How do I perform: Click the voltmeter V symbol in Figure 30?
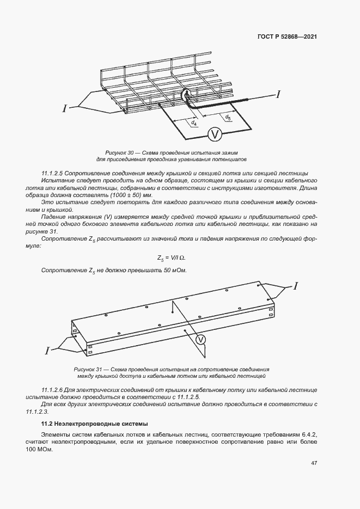(215, 133)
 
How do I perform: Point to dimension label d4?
(194, 124)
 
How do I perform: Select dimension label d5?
(228, 116)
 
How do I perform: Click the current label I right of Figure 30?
(279, 95)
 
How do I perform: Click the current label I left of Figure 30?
(65, 109)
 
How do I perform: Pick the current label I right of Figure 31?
(296, 285)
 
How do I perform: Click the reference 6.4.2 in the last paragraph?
(308, 434)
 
